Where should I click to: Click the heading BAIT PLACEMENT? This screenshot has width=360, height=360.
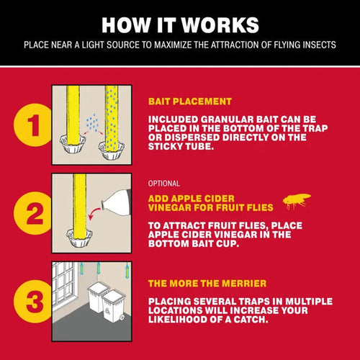(x=190, y=102)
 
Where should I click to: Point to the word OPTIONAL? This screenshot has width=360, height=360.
(x=164, y=184)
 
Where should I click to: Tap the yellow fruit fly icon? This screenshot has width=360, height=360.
(x=297, y=201)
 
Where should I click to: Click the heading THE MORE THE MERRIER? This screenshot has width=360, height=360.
(x=207, y=284)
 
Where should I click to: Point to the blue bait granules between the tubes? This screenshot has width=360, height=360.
(x=92, y=122)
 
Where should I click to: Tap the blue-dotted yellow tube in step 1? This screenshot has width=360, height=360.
(x=112, y=118)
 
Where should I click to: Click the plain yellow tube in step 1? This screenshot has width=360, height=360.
(x=73, y=116)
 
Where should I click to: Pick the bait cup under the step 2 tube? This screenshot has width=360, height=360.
(x=79, y=237)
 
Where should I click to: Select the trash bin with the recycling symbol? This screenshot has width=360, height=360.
(x=113, y=306)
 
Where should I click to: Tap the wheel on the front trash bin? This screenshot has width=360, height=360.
(x=122, y=318)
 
